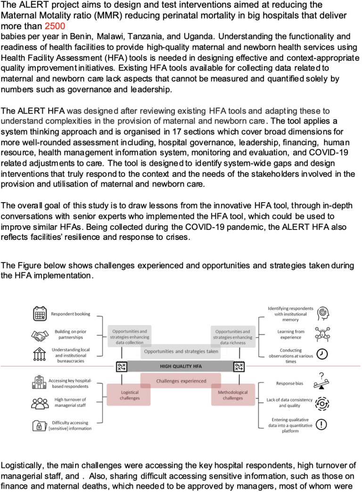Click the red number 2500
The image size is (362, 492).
coord(55,26)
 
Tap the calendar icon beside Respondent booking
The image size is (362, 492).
coord(40,313)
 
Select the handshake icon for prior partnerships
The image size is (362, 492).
coord(40,336)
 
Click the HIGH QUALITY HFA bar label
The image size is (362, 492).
coord(181,366)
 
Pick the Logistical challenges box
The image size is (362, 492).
coord(129,395)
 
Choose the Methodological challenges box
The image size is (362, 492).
coord(233,395)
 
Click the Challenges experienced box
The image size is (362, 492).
coord(181,381)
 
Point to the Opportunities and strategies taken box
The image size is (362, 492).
coord(181,351)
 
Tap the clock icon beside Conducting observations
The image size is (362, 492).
coord(322,354)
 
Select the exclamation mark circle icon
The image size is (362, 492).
coord(321,424)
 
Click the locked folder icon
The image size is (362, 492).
coord(39,426)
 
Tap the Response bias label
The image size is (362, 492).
coord(289,383)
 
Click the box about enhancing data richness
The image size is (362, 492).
coord(233,336)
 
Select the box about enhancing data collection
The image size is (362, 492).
coord(129,336)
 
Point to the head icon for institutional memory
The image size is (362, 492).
coord(322,313)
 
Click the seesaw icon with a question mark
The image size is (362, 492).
coord(321,381)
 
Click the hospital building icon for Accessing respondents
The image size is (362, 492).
coord(39,382)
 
